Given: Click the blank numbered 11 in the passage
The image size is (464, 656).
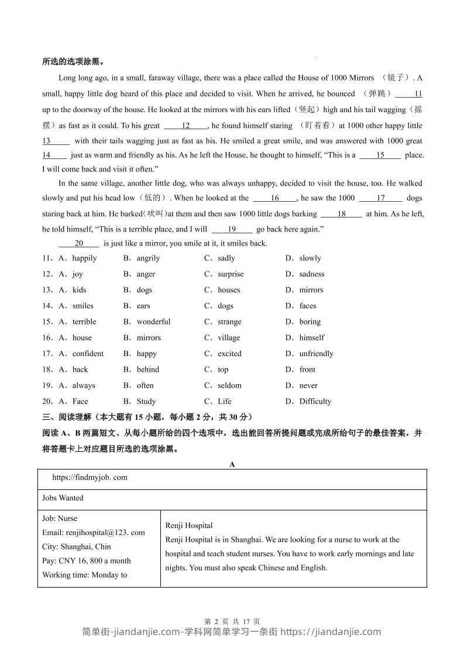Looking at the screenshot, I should coord(410,94).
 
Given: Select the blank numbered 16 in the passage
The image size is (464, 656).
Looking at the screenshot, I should coord(275,198).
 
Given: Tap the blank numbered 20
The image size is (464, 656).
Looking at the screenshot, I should coord(79,243).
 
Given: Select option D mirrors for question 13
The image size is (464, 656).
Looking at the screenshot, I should coord(311,290).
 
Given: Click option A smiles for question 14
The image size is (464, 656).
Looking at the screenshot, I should coord(83,306).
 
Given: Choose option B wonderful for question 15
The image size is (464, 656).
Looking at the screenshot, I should coord(153,322).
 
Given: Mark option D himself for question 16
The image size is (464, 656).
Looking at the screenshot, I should coord(311,337).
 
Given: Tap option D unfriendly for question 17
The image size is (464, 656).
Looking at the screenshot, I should coord(316,354).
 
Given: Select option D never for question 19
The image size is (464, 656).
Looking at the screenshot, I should coord(308,385).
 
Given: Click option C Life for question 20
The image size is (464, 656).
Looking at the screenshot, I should coord(224,401).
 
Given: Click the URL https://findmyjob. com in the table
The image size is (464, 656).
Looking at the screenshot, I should coord(90,478).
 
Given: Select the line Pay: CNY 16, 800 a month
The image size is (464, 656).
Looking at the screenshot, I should coord(87,561).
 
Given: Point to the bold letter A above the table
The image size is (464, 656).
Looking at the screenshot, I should coord(232,464).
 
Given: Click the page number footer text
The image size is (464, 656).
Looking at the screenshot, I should coord(232,622).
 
